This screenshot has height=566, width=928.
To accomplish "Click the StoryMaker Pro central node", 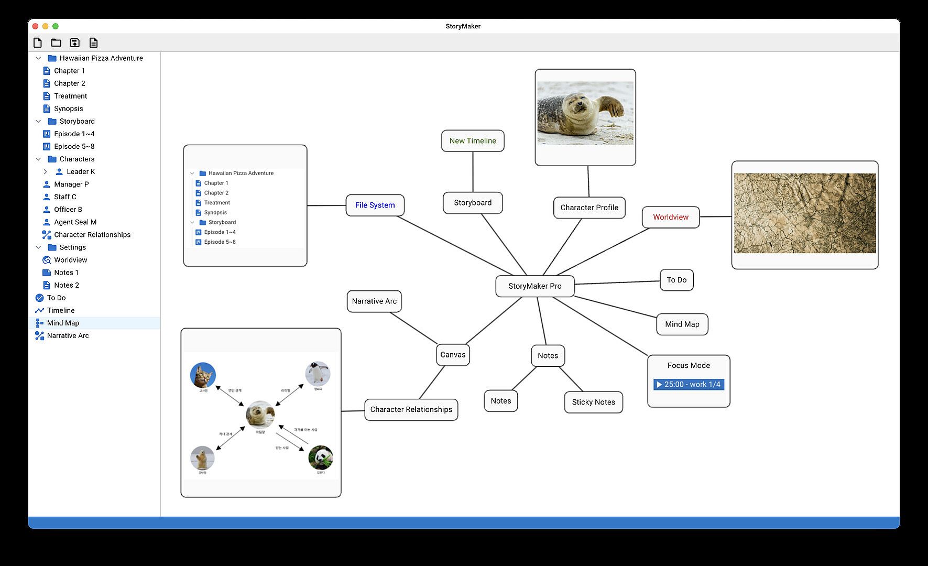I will pos(534,286).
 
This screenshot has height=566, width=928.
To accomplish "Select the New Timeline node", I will pos(473,141).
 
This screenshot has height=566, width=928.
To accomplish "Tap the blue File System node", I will pos(375,205).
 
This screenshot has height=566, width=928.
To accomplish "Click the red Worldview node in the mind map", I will pos(670,217).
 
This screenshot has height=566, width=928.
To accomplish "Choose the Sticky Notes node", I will pos(593,402).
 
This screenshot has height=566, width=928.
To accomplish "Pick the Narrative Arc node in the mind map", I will pos(374,301).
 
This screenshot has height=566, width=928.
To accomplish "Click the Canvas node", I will pos(453,355).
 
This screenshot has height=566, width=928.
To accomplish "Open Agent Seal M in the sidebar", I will pos(75,222).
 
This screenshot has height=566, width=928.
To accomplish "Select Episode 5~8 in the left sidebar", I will pos(74,147).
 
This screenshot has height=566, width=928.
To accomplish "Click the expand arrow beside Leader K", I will pos(45,172).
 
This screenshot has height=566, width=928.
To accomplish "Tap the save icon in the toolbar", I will pos(74,43).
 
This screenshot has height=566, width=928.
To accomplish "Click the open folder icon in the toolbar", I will pos(56,43).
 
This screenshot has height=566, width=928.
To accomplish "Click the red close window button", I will pos(36,26).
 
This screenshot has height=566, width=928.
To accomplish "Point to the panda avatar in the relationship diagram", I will pos(320,457).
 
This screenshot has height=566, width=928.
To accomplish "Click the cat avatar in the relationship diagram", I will pos(203,375).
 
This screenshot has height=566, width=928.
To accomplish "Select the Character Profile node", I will pos(589,208).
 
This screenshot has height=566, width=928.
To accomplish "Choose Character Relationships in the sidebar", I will pos(92,235).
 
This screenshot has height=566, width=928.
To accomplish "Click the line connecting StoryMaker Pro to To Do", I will pos(617,282).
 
